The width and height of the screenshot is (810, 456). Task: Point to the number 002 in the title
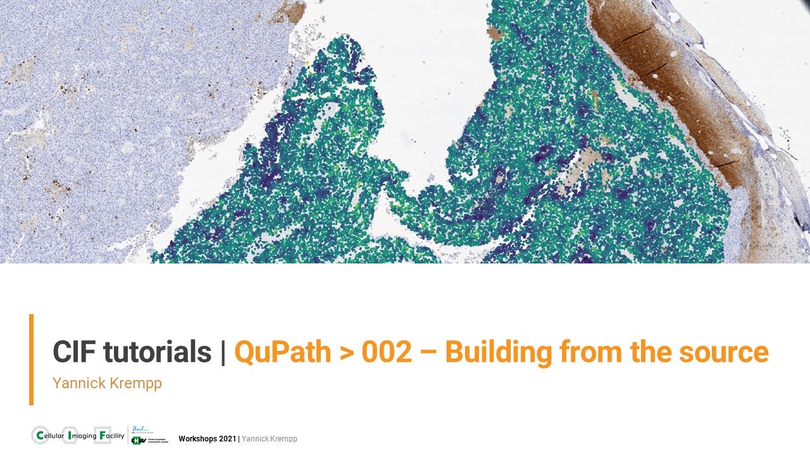387,352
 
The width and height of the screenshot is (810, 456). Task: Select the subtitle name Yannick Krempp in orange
107,383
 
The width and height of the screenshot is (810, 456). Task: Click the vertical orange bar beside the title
31,359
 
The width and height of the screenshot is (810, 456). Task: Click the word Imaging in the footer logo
82,436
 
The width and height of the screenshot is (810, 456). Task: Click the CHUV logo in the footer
149,440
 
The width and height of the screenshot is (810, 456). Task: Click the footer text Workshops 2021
207,439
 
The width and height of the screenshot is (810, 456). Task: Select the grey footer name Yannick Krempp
270,439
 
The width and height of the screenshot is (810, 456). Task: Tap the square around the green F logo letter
102,436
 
